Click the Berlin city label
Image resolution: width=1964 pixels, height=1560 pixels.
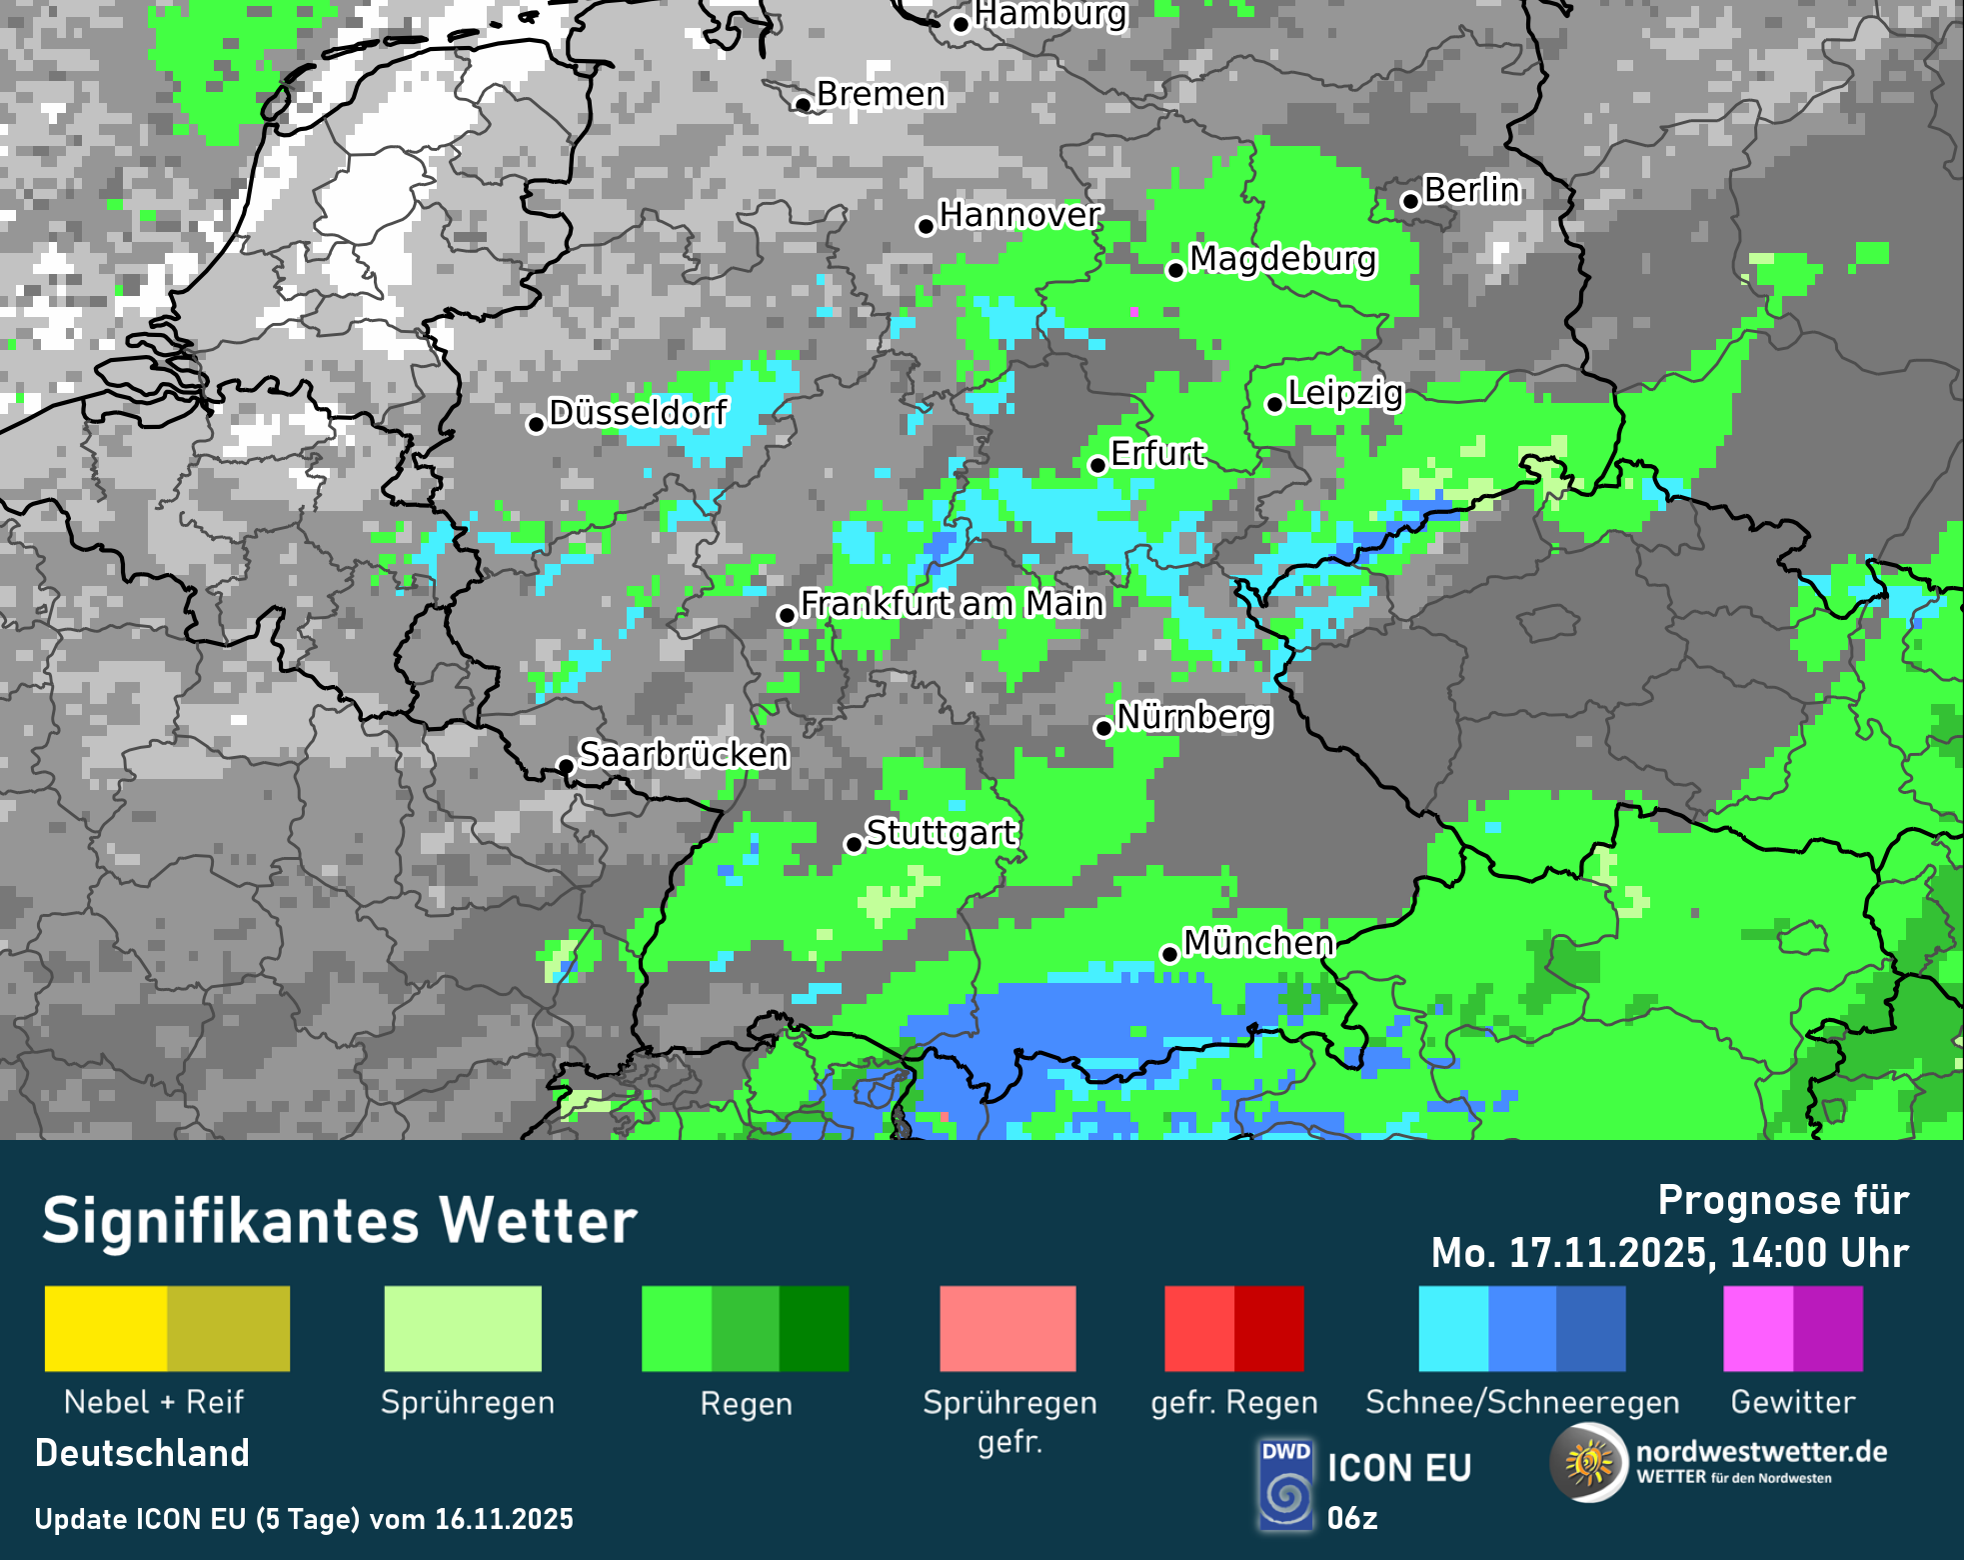1471,189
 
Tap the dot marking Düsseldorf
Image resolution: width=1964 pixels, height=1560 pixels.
536,424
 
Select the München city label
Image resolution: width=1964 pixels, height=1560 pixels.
1258,942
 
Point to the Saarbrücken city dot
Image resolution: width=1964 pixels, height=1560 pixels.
566,766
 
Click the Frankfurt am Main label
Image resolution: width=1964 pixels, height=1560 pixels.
952,603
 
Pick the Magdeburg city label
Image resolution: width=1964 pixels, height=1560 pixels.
1282,258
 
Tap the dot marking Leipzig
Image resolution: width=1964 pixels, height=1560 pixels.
1274,404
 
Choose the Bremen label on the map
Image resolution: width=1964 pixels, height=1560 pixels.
881,93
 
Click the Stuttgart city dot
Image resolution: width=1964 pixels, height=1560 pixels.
854,845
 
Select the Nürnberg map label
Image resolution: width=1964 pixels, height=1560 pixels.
1193,716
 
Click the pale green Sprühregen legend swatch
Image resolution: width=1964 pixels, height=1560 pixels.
463,1328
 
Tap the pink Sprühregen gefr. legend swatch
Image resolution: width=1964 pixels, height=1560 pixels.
1007,1328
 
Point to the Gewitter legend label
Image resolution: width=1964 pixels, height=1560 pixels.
1792,1402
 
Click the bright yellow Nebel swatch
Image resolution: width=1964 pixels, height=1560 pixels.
106,1328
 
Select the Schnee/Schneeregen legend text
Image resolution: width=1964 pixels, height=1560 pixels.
1521,1402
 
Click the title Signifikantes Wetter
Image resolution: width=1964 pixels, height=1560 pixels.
340,1221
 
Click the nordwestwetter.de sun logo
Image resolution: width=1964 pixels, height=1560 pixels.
1588,1464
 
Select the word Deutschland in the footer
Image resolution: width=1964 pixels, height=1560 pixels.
142,1453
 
